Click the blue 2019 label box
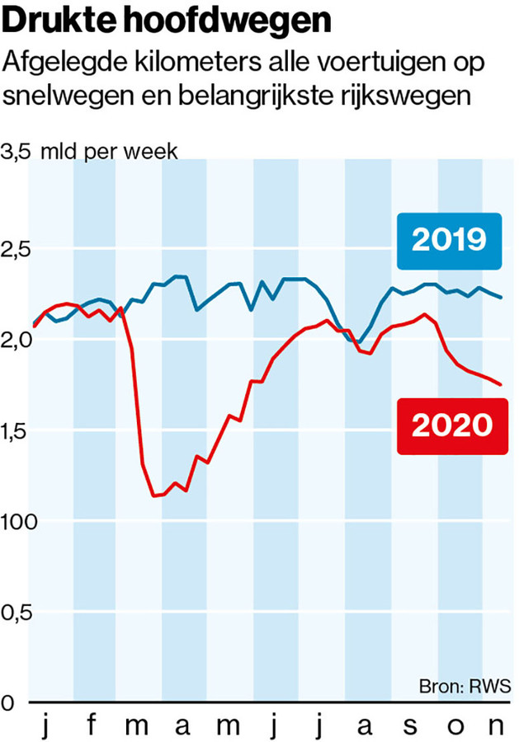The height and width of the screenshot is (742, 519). pos(448,240)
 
